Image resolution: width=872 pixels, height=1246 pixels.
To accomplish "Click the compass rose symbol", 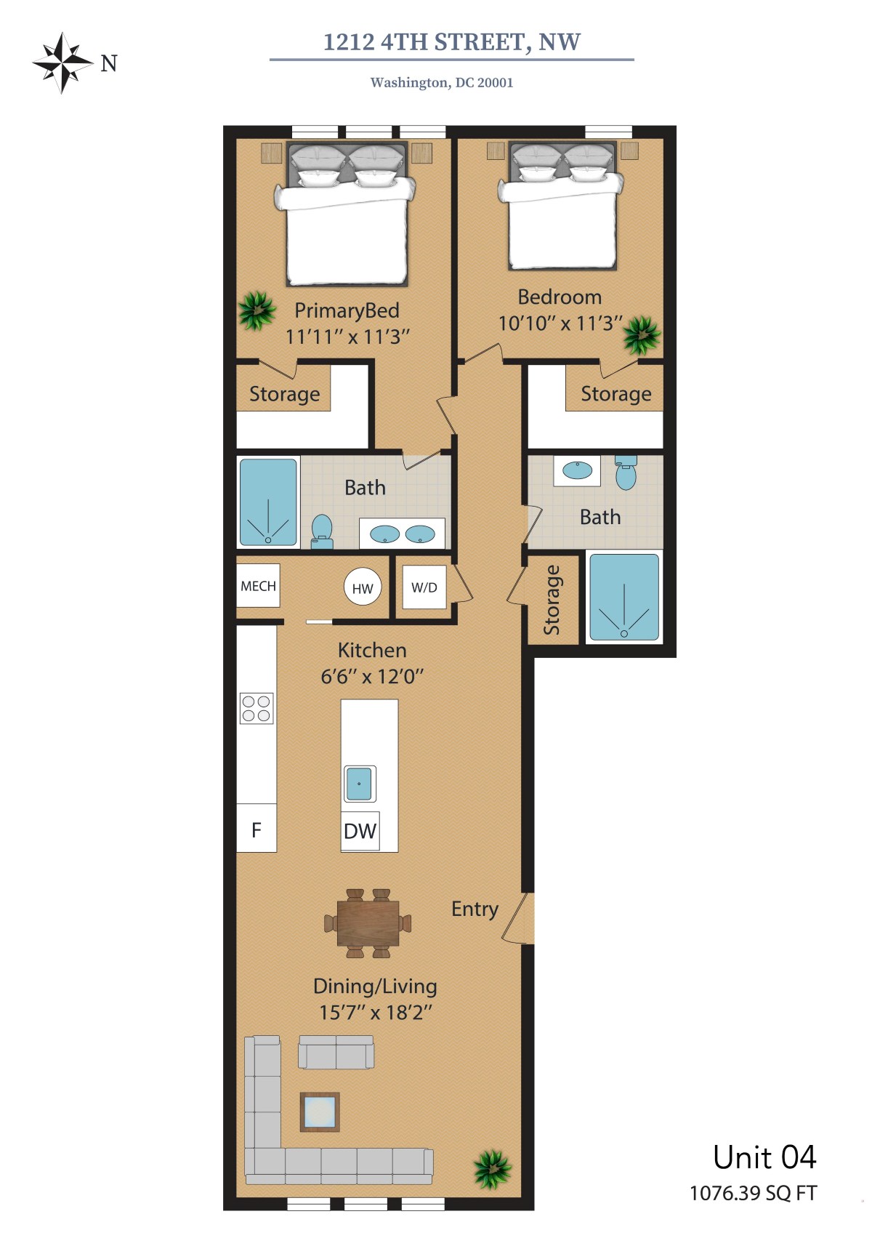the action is tap(62, 63).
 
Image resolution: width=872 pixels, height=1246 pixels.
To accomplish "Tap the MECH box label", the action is tap(258, 586).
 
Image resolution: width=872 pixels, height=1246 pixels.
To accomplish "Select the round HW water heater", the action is tap(363, 587).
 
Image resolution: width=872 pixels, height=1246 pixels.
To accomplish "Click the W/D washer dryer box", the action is tap(424, 587).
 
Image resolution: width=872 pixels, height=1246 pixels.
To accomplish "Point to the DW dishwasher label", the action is tap(360, 831).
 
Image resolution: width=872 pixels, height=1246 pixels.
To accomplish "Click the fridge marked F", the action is tap(257, 828).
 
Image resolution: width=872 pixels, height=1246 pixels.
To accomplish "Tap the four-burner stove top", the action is tap(257, 708).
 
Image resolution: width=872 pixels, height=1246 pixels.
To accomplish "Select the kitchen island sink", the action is tap(359, 783).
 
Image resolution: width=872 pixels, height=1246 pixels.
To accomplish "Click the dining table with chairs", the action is tap(368, 923).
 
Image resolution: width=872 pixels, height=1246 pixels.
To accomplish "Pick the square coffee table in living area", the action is tap(320, 1112).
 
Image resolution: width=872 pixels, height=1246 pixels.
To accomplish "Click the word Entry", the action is tap(475, 909).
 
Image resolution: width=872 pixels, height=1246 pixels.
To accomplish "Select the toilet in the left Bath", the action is tap(322, 532).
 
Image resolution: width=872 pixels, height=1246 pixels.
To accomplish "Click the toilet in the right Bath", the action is tap(626, 473).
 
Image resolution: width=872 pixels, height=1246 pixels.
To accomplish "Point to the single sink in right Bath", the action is tap(577, 470).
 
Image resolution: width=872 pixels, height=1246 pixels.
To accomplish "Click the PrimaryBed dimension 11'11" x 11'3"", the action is tap(347, 337).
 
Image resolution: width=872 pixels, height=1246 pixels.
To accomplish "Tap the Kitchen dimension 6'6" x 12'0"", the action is tap(372, 676).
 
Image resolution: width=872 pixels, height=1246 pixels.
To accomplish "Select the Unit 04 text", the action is tap(764, 1157).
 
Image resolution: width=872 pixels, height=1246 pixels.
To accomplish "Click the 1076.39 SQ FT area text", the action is tap(754, 1193).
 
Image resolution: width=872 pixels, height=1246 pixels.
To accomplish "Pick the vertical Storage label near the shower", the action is tap(552, 600).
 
